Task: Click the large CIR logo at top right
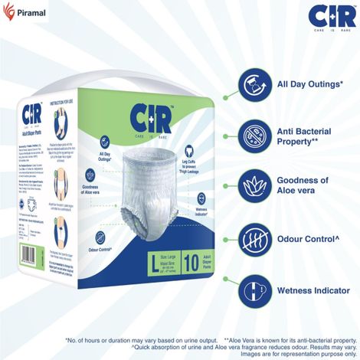point(322,17)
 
